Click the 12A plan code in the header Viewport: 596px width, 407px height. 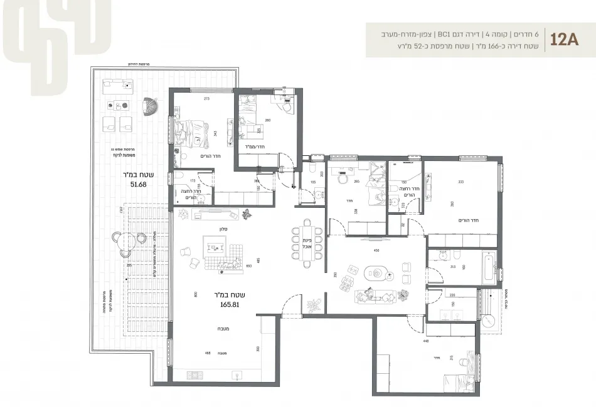[x=564, y=41]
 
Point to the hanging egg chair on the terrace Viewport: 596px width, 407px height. [x=150, y=108]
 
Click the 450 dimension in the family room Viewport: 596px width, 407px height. [x=376, y=250]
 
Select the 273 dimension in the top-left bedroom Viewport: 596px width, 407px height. [x=205, y=98]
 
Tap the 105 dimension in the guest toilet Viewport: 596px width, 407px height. [x=312, y=183]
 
